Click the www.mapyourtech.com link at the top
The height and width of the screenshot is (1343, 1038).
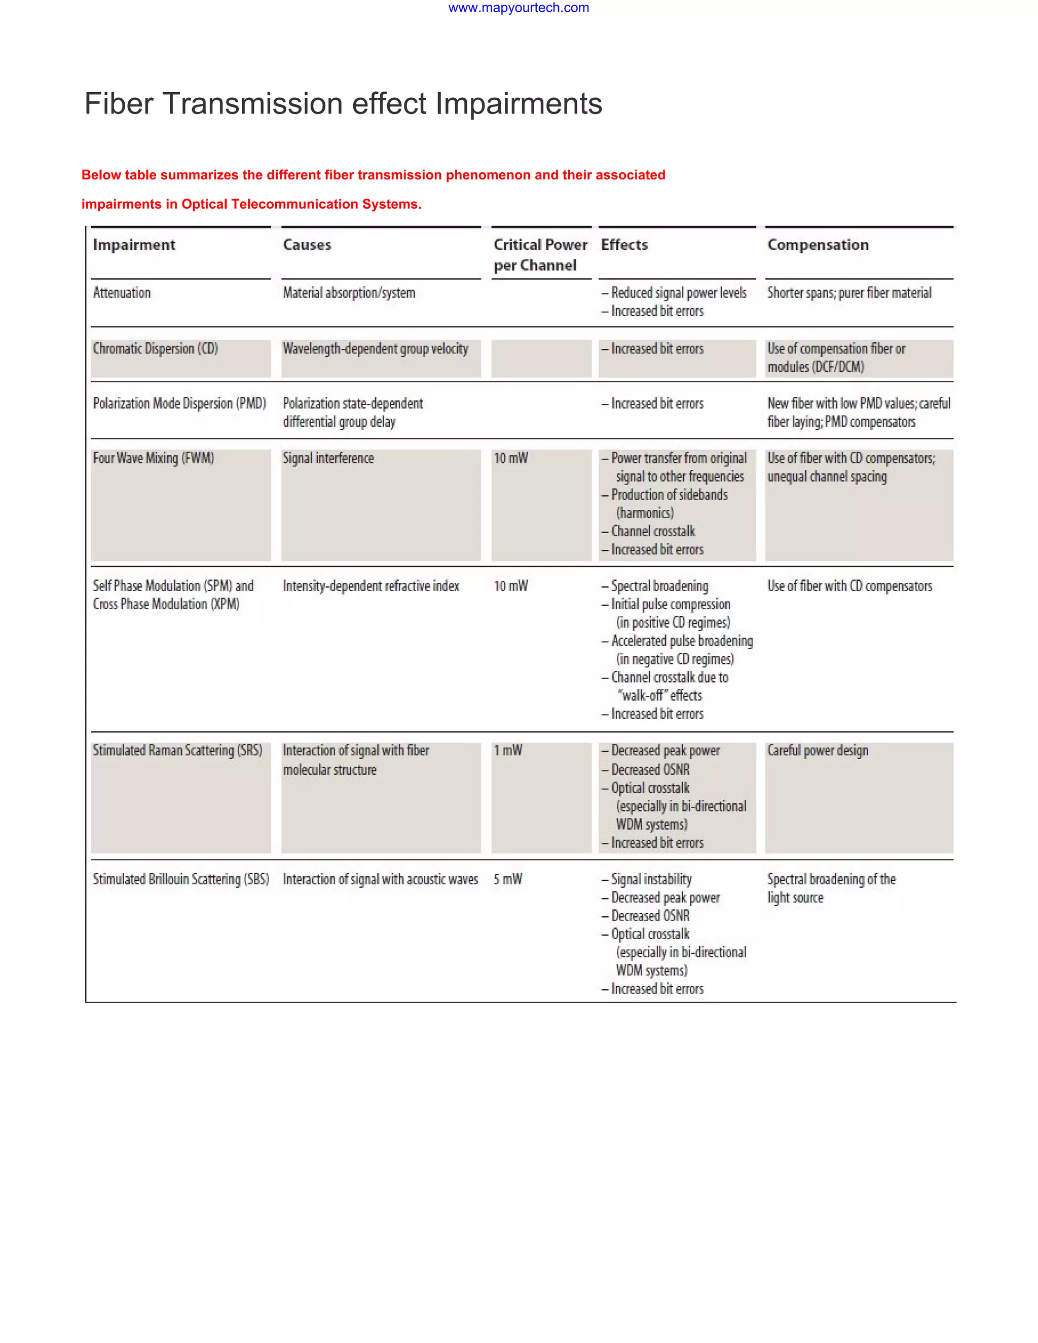[518, 8]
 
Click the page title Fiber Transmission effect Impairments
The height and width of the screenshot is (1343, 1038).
[343, 103]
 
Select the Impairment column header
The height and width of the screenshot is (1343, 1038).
[134, 245]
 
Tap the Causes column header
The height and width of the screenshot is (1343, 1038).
[307, 245]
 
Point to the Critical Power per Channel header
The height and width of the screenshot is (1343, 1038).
[540, 254]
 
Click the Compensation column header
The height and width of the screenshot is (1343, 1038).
[818, 245]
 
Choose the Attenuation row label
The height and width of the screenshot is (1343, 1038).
[122, 293]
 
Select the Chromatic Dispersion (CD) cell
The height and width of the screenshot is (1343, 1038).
[156, 349]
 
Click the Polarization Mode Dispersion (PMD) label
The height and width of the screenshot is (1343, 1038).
[179, 403]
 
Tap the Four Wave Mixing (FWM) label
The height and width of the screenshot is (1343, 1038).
[154, 458]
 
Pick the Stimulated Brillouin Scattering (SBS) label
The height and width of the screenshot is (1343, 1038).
[181, 879]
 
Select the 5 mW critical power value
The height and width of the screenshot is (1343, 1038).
[508, 879]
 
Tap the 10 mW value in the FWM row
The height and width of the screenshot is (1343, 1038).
[511, 458]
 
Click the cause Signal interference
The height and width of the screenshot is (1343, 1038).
[328, 458]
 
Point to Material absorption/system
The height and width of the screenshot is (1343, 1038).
[349, 293]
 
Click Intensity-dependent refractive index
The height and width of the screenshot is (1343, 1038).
[371, 586]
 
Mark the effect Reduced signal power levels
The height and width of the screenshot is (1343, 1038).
[678, 293]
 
